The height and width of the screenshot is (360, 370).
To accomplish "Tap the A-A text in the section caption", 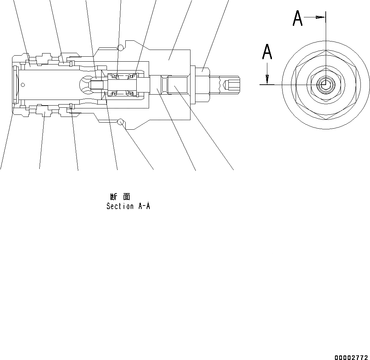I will click(x=143, y=206).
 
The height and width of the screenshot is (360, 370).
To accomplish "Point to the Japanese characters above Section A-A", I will click(x=120, y=197).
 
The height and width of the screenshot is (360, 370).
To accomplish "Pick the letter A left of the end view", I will click(x=267, y=52).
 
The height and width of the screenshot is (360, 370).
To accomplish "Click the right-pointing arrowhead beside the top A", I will click(x=320, y=17).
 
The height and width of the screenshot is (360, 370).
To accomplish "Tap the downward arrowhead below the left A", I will click(x=267, y=79).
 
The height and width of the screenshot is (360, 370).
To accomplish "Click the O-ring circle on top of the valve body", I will click(x=121, y=47).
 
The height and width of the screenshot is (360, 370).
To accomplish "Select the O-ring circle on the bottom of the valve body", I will click(x=121, y=122).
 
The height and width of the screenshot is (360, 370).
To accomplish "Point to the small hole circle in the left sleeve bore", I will click(x=23, y=84).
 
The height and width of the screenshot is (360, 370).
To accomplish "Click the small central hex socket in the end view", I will click(x=323, y=84).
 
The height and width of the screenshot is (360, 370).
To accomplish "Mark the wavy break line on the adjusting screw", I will click(x=221, y=85).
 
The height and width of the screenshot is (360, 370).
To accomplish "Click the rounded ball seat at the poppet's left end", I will click(x=84, y=85).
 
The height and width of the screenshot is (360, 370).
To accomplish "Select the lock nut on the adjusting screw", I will click(x=200, y=85).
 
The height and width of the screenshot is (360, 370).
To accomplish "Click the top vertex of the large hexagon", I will click(x=326, y=51).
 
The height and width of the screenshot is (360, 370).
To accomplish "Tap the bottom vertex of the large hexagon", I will click(x=326, y=119).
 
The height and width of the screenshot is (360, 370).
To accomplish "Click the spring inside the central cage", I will click(x=122, y=85).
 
